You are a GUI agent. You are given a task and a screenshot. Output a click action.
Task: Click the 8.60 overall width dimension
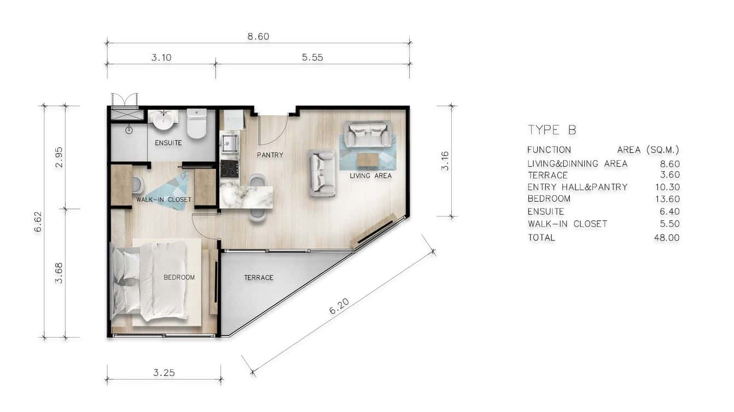pos(258,37)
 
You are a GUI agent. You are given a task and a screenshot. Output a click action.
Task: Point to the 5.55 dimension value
pos(312,57)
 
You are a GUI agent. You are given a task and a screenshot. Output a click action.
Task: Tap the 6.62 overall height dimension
pos(38,221)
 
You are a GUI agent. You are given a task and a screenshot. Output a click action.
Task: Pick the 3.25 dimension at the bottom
pos(164,373)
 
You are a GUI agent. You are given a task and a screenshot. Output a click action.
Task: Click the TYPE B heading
pos(551,130)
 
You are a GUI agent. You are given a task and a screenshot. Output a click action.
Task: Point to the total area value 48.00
pos(667,238)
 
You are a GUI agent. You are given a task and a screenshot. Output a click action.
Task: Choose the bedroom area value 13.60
pos(667,199)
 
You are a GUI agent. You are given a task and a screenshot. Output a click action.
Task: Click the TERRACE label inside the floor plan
pos(258,278)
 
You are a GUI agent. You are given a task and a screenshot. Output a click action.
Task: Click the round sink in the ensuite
pos(162,120)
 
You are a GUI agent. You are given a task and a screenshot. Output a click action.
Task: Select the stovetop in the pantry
pos(229,168)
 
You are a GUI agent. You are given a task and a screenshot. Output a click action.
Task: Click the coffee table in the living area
pos(368,160)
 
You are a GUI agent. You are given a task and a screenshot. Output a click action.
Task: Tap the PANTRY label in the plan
pos(270,155)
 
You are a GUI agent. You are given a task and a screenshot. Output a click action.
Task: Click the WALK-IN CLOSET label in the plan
pos(164,199)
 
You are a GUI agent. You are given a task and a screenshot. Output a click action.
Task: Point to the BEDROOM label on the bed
pos(179,278)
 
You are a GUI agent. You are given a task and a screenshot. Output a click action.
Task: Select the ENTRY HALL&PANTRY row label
pos(577,187)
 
